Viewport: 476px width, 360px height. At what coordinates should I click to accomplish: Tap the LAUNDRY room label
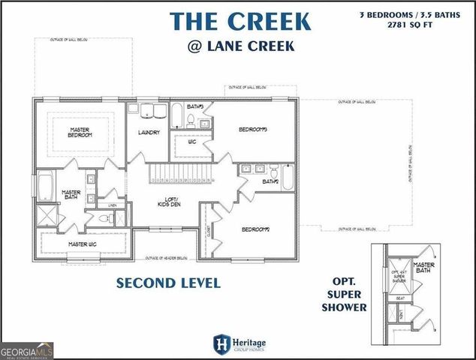pyautogui.click(x=149, y=133)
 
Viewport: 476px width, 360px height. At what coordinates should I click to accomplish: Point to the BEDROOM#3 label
pyautogui.click(x=253, y=130)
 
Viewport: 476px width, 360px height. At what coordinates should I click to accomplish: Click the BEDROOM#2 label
pyautogui.click(x=255, y=229)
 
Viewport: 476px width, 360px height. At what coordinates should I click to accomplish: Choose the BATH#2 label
pyautogui.click(x=270, y=181)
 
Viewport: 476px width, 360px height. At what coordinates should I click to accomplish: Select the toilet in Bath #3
pyautogui.click(x=191, y=119)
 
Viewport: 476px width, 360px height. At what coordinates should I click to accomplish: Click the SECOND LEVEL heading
pyautogui.click(x=167, y=283)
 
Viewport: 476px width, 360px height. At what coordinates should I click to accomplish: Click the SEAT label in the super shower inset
pyautogui.click(x=401, y=298)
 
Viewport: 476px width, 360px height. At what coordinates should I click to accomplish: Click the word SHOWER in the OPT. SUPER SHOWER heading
pyautogui.click(x=342, y=307)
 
